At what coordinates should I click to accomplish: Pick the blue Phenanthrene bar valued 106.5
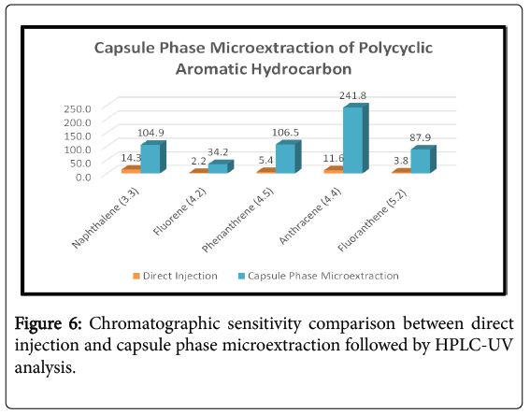click(x=288, y=157)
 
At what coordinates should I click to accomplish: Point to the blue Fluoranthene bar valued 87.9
click(x=423, y=160)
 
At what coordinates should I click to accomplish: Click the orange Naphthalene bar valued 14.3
click(x=131, y=170)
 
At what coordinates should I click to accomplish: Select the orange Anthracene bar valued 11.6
click(x=334, y=170)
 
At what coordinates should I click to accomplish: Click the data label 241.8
click(x=353, y=95)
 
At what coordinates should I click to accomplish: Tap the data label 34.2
click(x=218, y=152)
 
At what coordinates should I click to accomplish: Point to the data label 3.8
click(x=401, y=161)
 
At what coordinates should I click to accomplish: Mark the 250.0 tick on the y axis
click(x=78, y=108)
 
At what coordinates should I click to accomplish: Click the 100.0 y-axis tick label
click(x=78, y=150)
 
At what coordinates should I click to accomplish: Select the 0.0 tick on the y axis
click(x=83, y=177)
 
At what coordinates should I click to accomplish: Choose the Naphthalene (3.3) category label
click(x=106, y=218)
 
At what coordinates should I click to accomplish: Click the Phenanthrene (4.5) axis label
click(x=237, y=220)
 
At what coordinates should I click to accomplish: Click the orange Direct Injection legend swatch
click(x=136, y=276)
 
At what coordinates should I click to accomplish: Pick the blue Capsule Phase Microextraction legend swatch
click(x=241, y=276)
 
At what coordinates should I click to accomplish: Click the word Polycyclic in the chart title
click(x=395, y=48)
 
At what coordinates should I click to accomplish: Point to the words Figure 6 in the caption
click(x=48, y=323)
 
